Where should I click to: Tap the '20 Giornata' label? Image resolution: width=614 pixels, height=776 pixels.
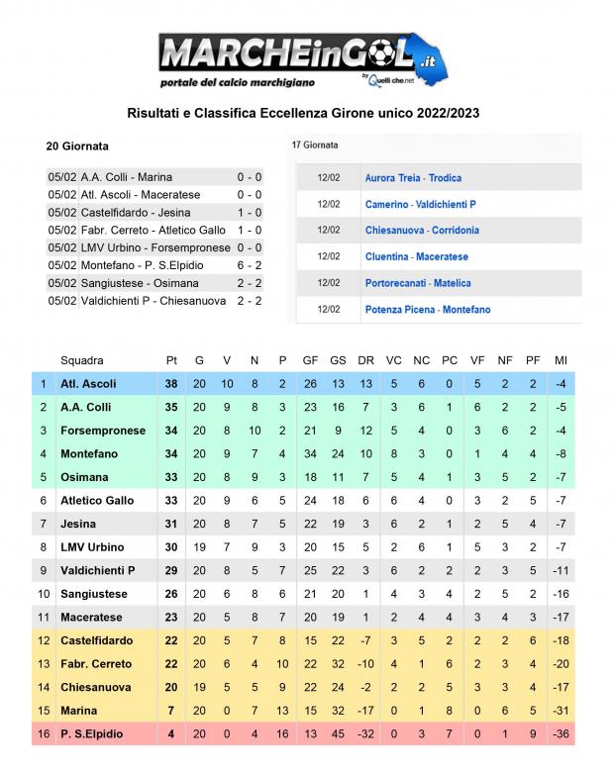tap(77, 145)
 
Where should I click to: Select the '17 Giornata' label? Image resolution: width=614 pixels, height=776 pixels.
tap(315, 145)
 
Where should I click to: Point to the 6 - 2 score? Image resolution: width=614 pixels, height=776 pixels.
tap(249, 265)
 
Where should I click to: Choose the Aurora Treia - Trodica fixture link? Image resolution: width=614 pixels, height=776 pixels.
tap(413, 178)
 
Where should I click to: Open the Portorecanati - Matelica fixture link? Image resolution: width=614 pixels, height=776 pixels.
tap(418, 283)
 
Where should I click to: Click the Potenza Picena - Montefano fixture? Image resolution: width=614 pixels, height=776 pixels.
tap(427, 310)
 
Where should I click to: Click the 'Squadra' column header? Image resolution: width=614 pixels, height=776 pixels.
tap(81, 360)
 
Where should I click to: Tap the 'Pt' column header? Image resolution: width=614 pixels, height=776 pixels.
tap(171, 360)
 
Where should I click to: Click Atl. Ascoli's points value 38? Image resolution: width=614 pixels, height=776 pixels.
tap(171, 384)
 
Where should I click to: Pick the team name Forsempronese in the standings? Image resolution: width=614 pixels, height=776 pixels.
tap(103, 431)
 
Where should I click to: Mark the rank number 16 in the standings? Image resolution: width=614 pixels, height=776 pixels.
tap(44, 733)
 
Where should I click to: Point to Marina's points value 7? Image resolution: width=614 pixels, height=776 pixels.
tap(171, 711)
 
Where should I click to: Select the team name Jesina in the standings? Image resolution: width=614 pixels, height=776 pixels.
tap(77, 524)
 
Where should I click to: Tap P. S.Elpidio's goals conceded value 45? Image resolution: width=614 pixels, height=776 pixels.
tap(338, 733)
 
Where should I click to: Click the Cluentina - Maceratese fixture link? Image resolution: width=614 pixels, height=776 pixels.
tap(416, 256)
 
